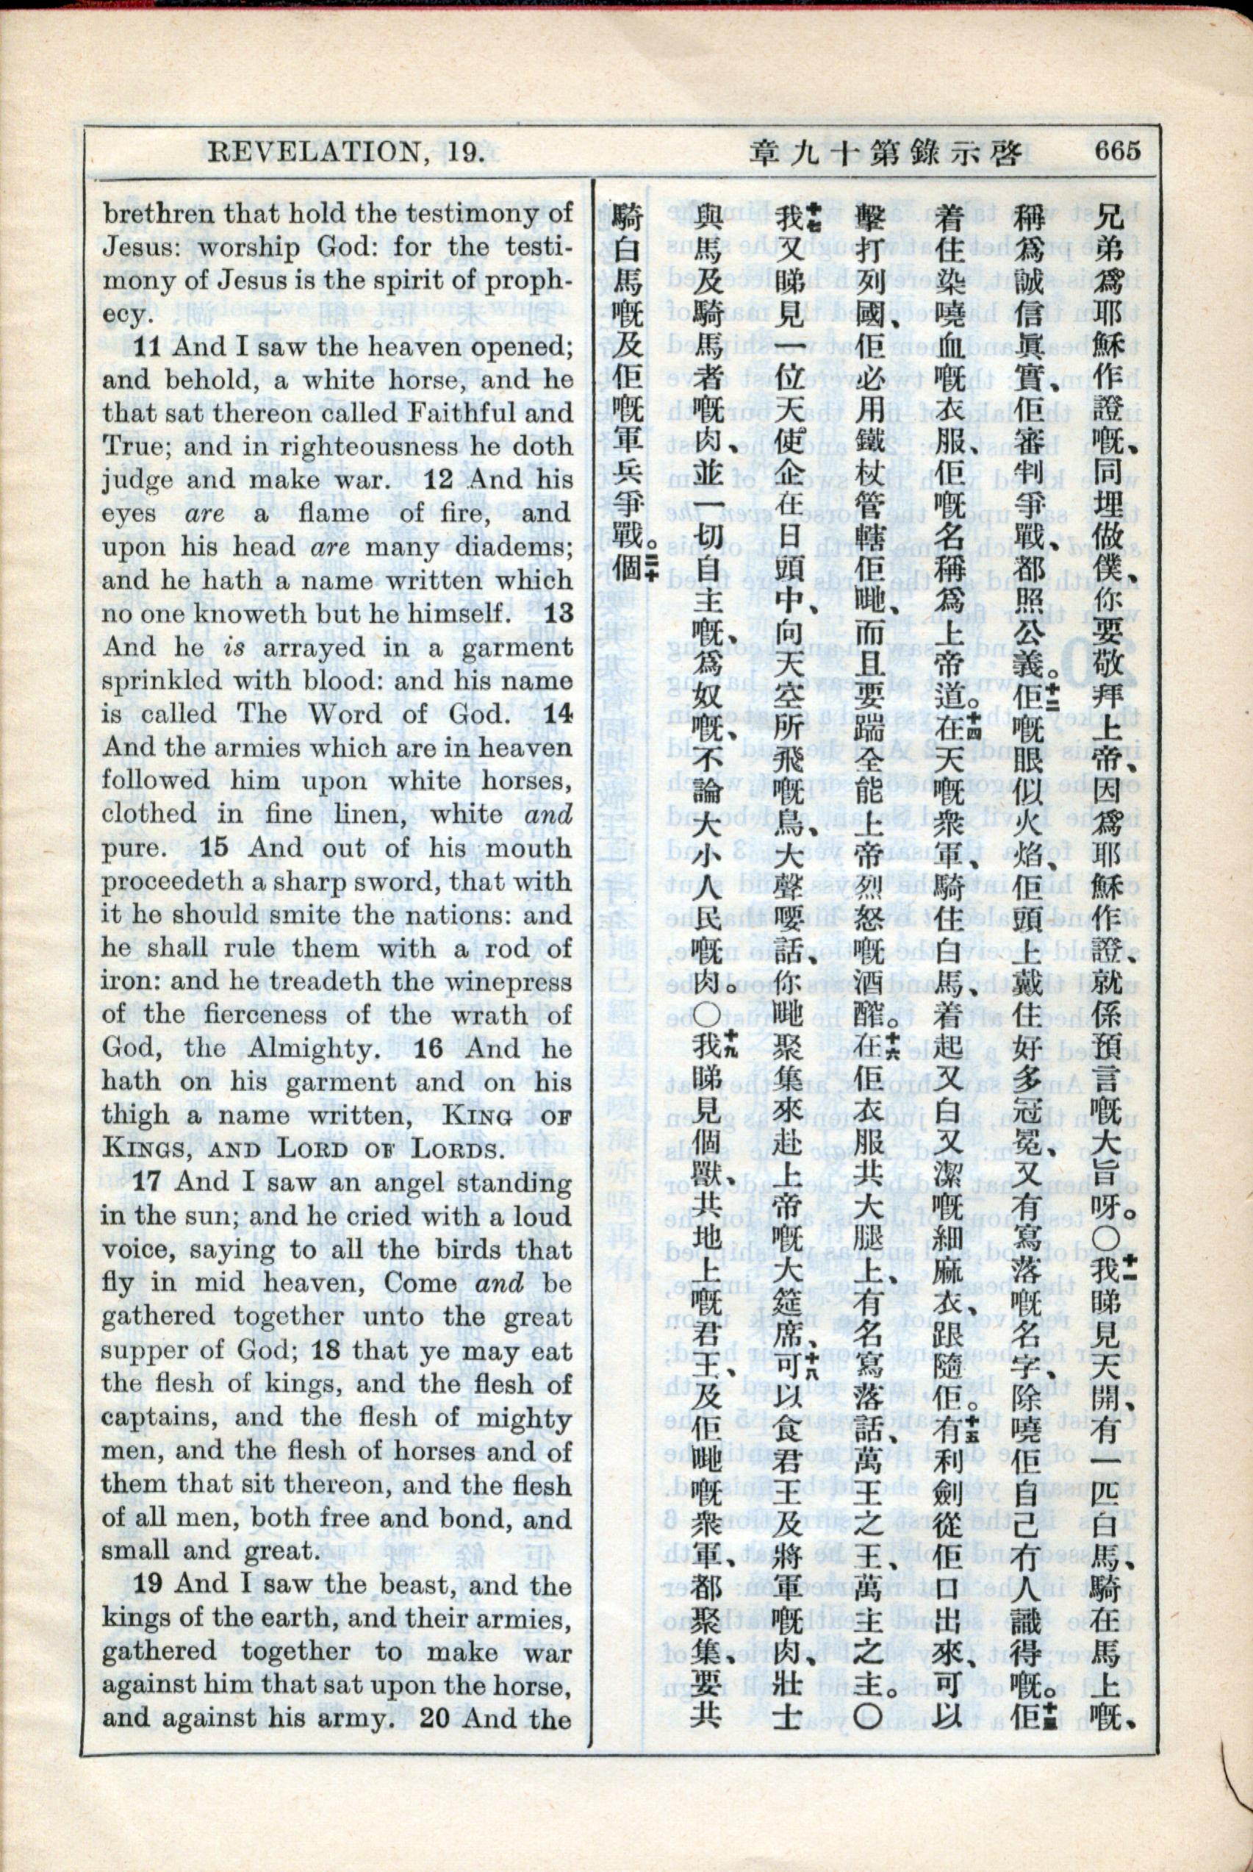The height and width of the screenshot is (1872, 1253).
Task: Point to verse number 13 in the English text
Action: coord(559,614)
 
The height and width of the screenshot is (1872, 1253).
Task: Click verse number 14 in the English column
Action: coord(559,714)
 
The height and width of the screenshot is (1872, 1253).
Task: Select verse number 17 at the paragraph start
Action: coord(148,1182)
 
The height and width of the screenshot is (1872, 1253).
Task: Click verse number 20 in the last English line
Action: coord(436,1718)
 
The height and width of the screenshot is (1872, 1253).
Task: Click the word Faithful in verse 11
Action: coord(451,413)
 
